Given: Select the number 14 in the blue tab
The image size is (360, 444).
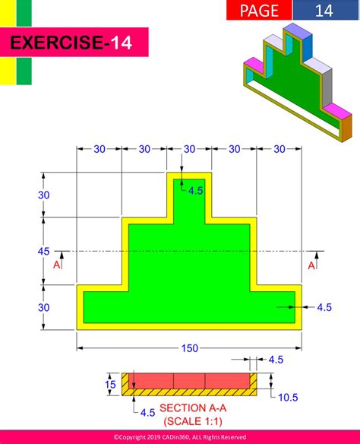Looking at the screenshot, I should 324,10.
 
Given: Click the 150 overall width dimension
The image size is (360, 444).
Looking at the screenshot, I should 189,348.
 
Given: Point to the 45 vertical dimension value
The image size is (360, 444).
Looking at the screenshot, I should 44,251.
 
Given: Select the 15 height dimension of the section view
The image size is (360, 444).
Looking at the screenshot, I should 111,385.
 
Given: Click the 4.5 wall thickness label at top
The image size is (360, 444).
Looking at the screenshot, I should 196,191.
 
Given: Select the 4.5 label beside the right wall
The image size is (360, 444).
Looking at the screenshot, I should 324,307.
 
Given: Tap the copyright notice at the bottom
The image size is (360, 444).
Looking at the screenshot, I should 180,437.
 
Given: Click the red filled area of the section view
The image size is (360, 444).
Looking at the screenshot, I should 189,380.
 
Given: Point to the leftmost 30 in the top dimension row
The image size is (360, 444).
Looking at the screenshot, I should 99,149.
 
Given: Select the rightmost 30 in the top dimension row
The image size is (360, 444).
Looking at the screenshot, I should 279,149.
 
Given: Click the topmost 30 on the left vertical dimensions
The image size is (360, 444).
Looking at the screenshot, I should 44,195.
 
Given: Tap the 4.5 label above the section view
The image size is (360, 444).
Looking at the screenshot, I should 276,360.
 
